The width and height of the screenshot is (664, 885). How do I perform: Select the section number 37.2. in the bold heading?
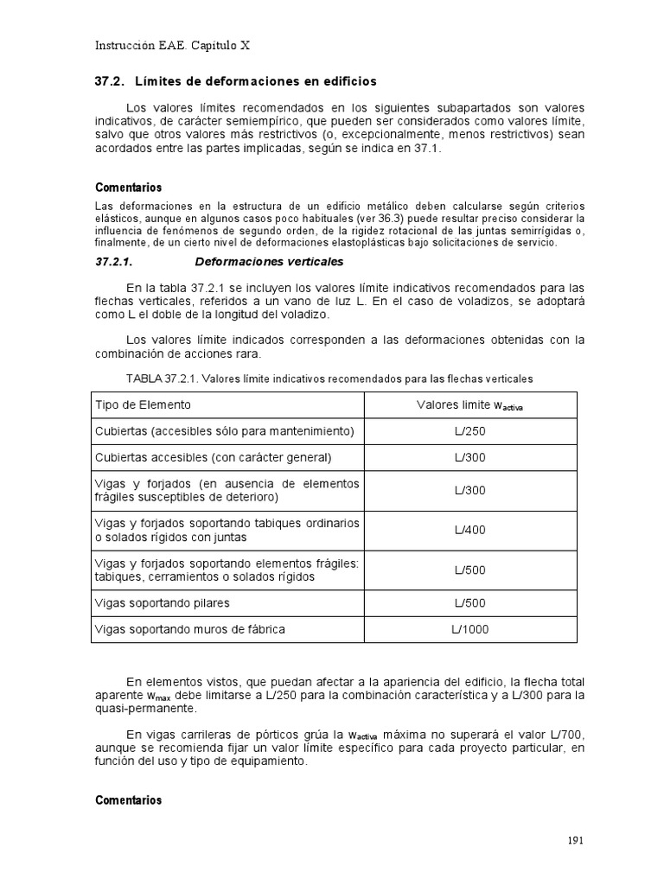coord(109,81)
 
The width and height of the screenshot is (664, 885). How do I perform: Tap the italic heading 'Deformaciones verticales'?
coord(270,261)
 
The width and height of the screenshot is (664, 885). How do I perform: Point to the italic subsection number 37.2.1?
coord(115,261)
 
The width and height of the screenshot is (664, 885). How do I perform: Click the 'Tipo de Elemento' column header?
coord(142,404)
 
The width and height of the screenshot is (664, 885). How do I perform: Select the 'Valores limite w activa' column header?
coord(469,405)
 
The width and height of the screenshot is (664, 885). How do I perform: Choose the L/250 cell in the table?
coord(469,430)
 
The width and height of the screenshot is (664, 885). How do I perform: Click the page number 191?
coord(576,840)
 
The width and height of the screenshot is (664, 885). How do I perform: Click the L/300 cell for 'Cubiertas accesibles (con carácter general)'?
coord(469,456)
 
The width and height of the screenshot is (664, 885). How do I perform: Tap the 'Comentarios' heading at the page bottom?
coord(128,800)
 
